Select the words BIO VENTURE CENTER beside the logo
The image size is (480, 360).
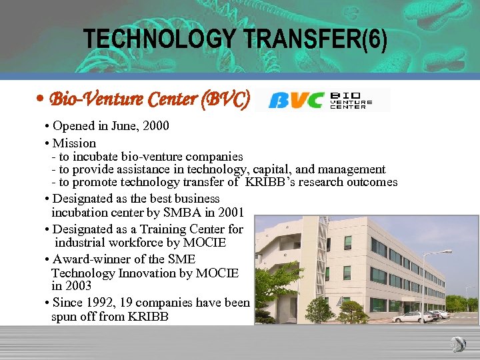351,101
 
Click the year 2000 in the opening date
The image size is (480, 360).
156,126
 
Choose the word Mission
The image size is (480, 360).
74,143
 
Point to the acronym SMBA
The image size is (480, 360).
189,213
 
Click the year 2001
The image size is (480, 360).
229,213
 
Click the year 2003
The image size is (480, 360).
78,286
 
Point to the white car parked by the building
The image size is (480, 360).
413,317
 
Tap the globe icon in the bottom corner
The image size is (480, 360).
458,344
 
